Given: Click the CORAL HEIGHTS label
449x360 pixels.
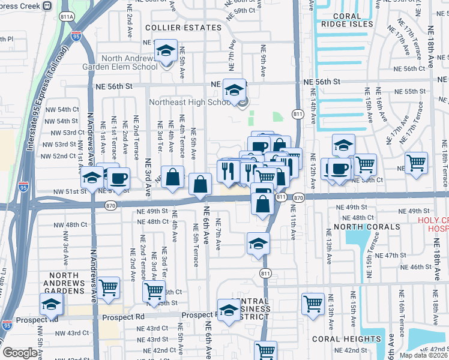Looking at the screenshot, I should [339, 339].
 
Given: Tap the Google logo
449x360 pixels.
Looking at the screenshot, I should [20, 353].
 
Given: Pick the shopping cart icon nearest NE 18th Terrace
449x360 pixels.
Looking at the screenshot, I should [415, 162].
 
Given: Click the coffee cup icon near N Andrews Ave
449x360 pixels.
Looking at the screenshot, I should [118, 178].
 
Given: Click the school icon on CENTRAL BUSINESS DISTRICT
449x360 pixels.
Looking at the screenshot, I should [229, 310].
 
